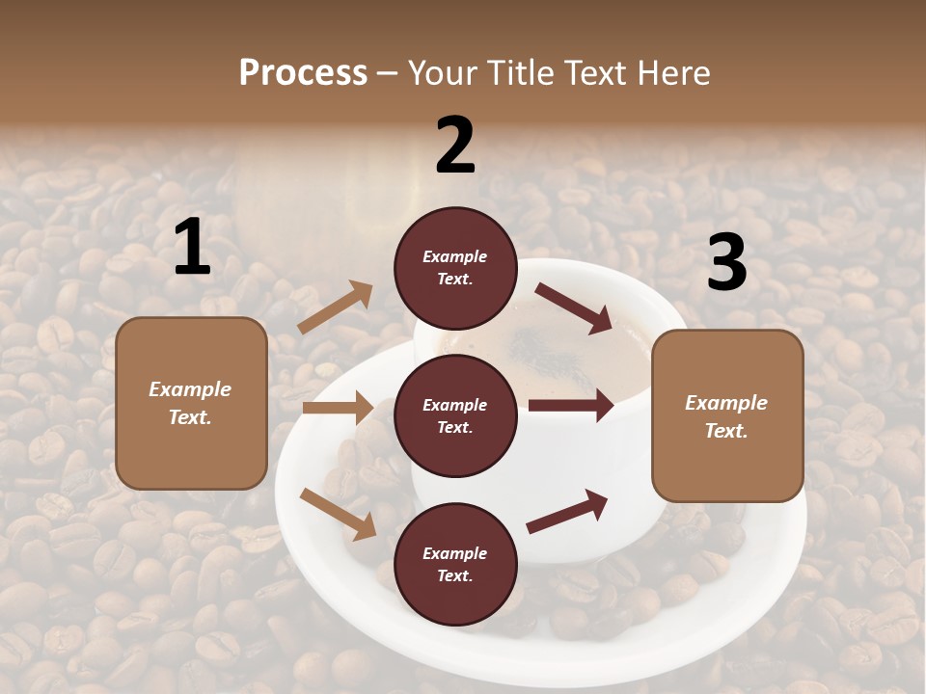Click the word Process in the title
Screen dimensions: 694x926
(303, 73)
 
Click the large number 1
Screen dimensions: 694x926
(193, 248)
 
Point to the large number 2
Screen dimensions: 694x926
(455, 146)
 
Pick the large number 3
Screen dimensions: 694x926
(726, 263)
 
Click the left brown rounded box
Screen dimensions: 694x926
(191, 403)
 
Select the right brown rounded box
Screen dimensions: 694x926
(727, 415)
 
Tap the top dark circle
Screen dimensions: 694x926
(455, 268)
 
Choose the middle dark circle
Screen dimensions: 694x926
(455, 416)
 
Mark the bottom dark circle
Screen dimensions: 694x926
(455, 565)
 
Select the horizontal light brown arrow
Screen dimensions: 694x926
(338, 408)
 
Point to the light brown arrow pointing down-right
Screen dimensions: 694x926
(338, 514)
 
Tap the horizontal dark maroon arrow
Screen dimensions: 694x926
(571, 405)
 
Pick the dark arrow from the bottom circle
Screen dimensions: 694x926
(567, 511)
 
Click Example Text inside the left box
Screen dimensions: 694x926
(191, 403)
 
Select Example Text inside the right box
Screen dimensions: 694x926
(726, 416)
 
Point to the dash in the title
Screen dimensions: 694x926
(388, 73)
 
